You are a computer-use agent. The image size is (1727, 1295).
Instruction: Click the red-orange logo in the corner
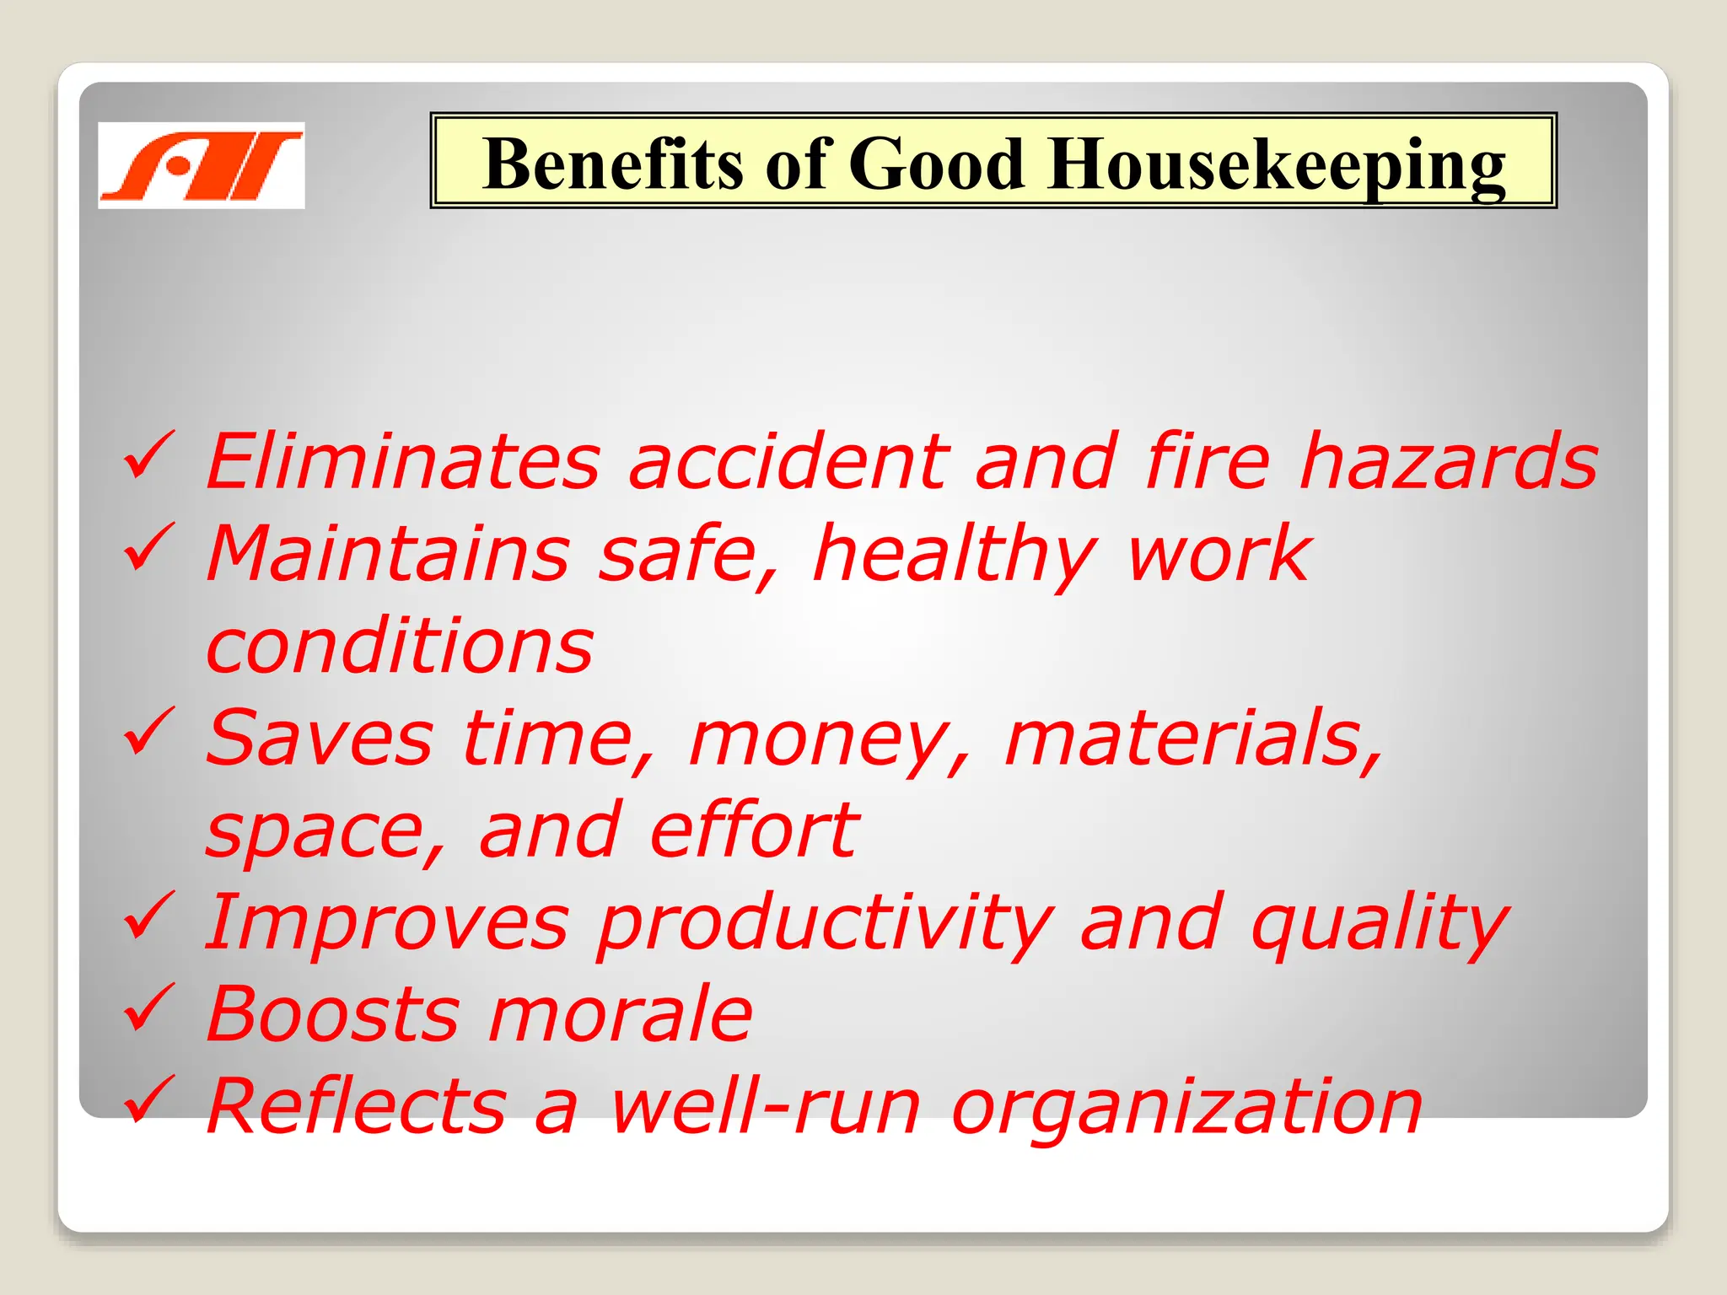[201, 165]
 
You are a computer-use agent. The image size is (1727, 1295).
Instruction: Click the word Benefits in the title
[612, 164]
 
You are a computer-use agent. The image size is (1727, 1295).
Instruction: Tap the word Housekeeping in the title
[1277, 165]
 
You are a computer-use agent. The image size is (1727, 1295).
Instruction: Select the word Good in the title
[936, 164]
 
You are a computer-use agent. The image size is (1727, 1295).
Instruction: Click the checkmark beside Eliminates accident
[148, 454]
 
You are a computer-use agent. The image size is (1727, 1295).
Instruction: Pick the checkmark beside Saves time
[148, 731]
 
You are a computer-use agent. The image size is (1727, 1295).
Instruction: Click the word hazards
[1448, 461]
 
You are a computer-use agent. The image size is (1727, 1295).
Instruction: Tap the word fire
[1207, 461]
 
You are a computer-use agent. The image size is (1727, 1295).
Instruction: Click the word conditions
[400, 646]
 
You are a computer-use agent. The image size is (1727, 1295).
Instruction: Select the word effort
[755, 830]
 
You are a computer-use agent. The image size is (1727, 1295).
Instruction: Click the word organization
[1186, 1107]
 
